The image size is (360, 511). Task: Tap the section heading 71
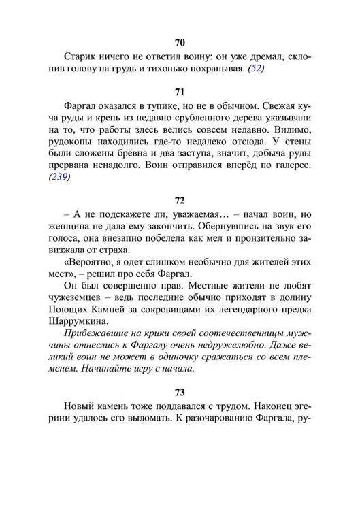(x=180, y=91)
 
